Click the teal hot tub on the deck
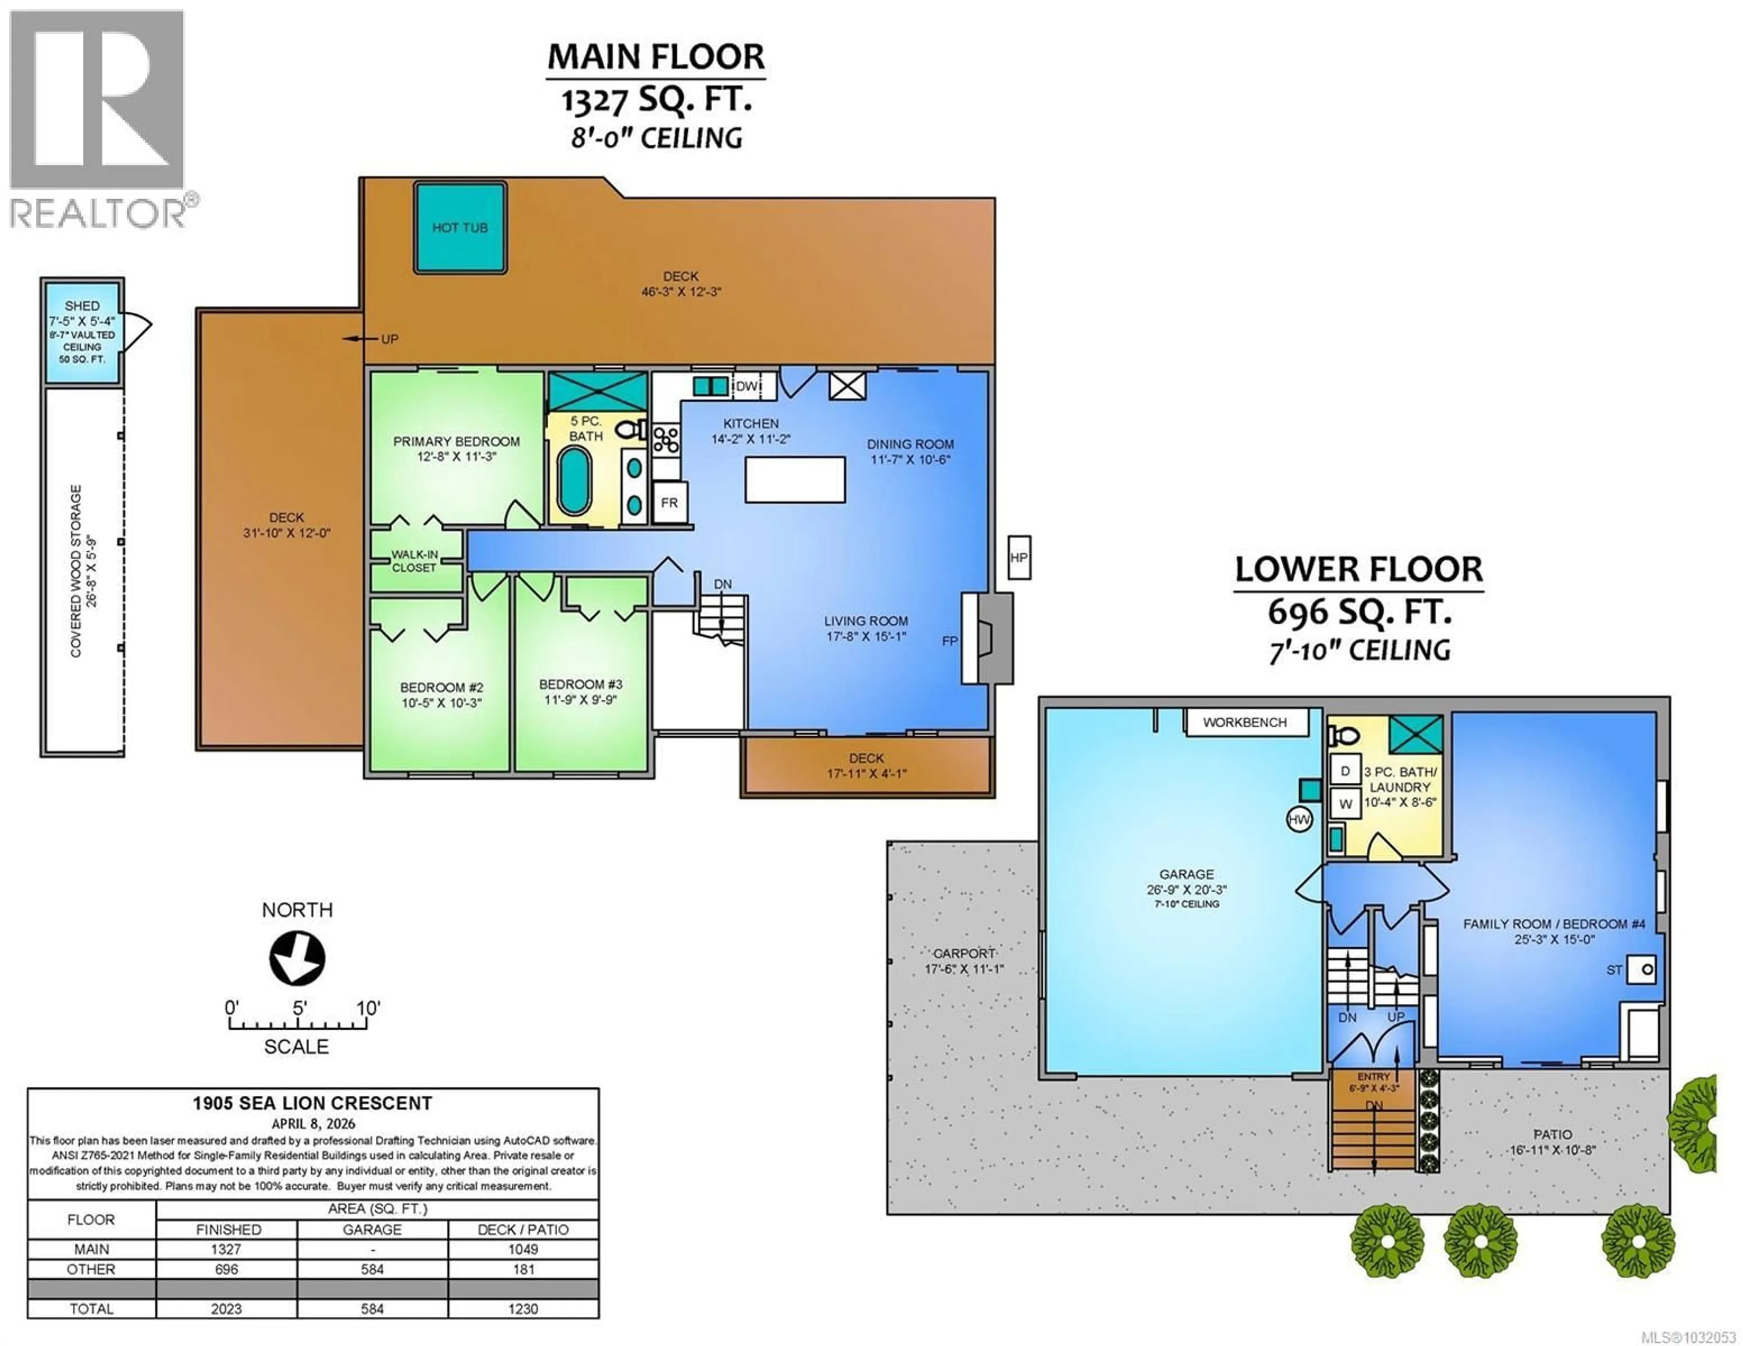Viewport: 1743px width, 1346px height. tap(460, 227)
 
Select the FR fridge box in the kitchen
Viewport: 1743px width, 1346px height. tap(670, 503)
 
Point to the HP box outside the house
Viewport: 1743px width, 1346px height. tap(1019, 557)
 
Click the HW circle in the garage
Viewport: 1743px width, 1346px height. tap(1299, 818)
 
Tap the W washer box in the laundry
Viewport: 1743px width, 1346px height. tap(1345, 803)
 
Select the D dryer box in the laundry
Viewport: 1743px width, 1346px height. tap(1345, 771)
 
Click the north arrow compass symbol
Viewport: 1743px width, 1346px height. tap(297, 958)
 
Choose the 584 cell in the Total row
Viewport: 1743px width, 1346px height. tap(372, 1308)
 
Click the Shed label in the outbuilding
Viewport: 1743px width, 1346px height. tap(82, 306)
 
